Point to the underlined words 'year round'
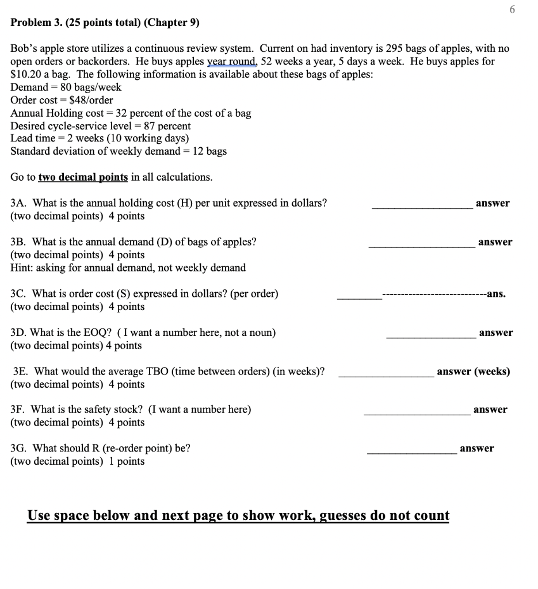coord(232,62)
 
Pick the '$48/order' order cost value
coord(87,100)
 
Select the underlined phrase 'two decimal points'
coord(83,177)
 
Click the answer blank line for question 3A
coord(421,208)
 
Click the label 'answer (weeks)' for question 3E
coord(473,372)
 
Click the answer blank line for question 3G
coord(411,453)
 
